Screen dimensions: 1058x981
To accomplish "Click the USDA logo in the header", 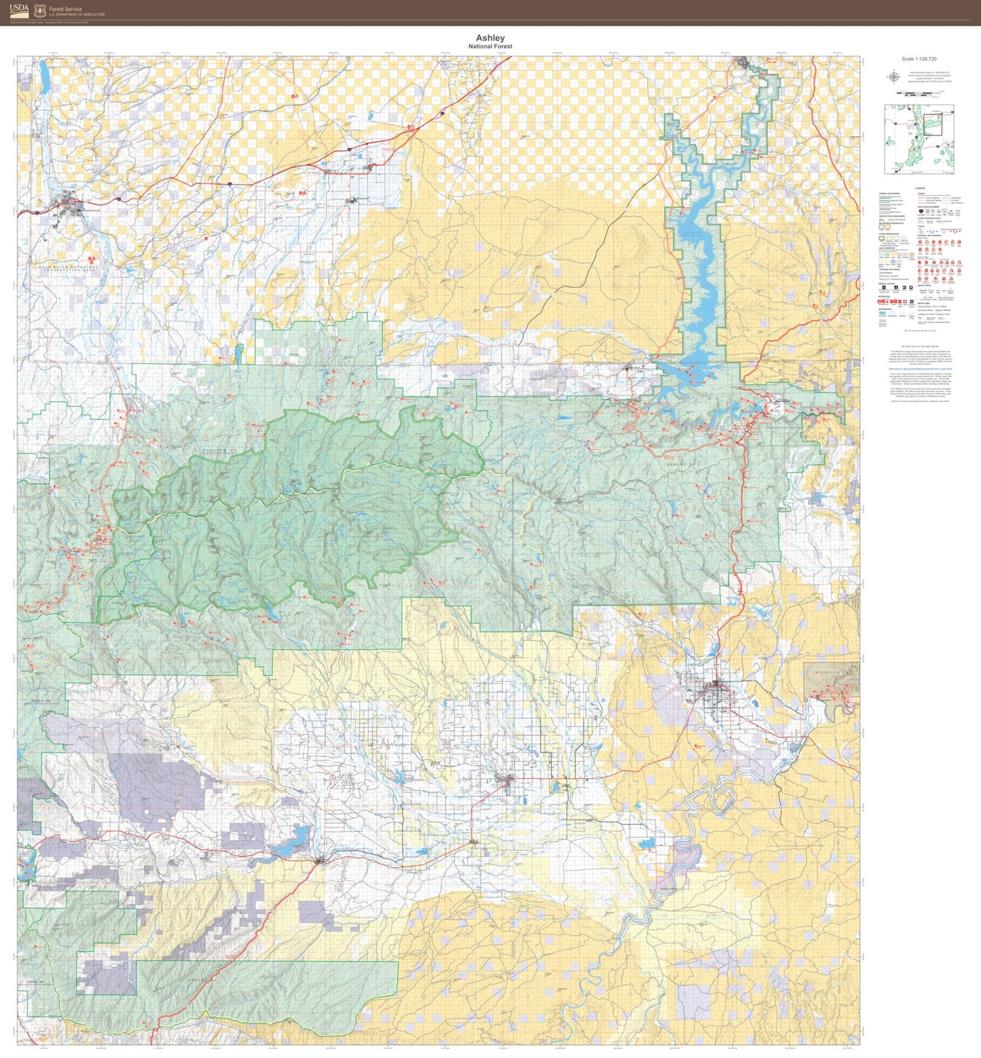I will pyautogui.click(x=19, y=10).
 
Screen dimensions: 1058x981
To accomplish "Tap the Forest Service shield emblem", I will pyautogui.click(x=40, y=11).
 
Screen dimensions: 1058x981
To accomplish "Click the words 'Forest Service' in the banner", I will pyautogui.click(x=65, y=9).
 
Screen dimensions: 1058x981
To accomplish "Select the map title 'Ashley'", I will pyautogui.click(x=489, y=38).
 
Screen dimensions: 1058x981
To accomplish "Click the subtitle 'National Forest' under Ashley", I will pyautogui.click(x=489, y=47).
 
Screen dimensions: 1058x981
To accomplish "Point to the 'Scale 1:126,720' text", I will pyautogui.click(x=919, y=60).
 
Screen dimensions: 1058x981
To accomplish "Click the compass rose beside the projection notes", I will pyautogui.click(x=893, y=77).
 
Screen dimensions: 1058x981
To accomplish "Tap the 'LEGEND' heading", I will pyautogui.click(x=920, y=188).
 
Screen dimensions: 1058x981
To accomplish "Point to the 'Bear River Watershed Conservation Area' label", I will pyautogui.click(x=68, y=269).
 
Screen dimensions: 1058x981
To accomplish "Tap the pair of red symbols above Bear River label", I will pyautogui.click(x=92, y=259).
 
